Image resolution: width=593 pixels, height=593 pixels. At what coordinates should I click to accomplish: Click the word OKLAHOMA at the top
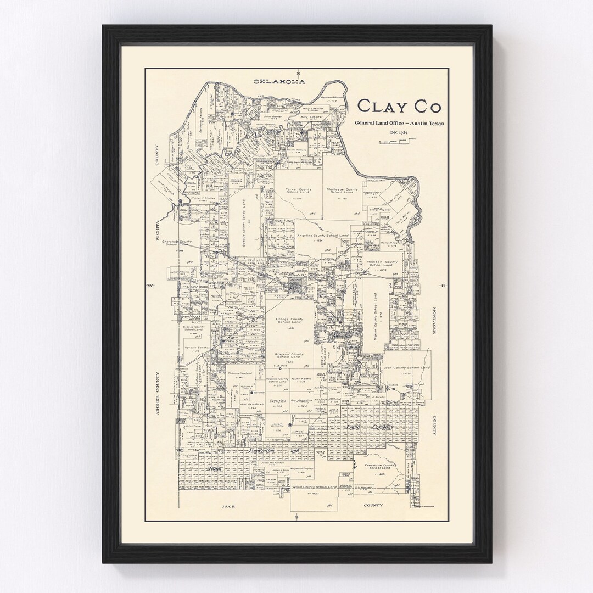pyautogui.click(x=279, y=82)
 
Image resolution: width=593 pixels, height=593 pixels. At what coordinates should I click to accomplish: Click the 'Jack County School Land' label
pyautogui.click(x=406, y=367)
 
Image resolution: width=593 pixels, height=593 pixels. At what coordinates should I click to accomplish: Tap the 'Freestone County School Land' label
pyautogui.click(x=380, y=467)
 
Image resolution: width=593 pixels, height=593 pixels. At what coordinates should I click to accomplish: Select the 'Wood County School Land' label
pyautogui.click(x=314, y=487)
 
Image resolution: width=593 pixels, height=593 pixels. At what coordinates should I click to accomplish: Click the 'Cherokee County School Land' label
pyautogui.click(x=177, y=243)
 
